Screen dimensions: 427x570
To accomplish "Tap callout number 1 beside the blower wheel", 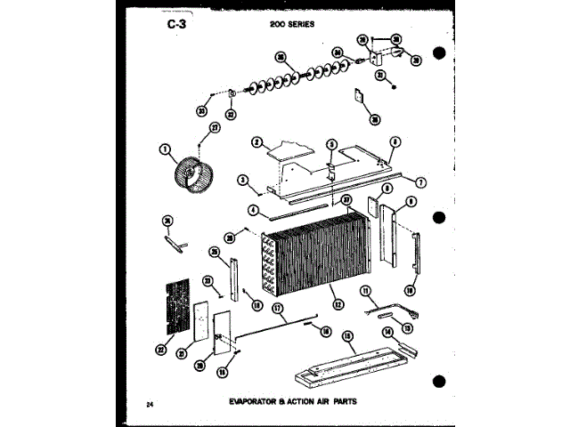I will pyautogui.click(x=164, y=149).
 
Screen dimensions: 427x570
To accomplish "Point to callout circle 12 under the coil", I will pyautogui.click(x=337, y=304).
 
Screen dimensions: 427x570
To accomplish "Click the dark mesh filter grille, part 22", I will pyautogui.click(x=178, y=306).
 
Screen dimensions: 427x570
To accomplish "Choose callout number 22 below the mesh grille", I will pyautogui.click(x=162, y=348).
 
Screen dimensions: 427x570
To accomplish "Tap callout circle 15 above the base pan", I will pyautogui.click(x=346, y=337).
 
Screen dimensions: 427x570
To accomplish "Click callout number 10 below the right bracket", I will pyautogui.click(x=411, y=290).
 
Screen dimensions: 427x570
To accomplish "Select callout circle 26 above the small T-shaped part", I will pyautogui.click(x=167, y=222).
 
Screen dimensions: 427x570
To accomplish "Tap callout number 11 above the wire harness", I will pyautogui.click(x=365, y=291).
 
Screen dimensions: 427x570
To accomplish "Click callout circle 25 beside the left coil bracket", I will pyautogui.click(x=214, y=253).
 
